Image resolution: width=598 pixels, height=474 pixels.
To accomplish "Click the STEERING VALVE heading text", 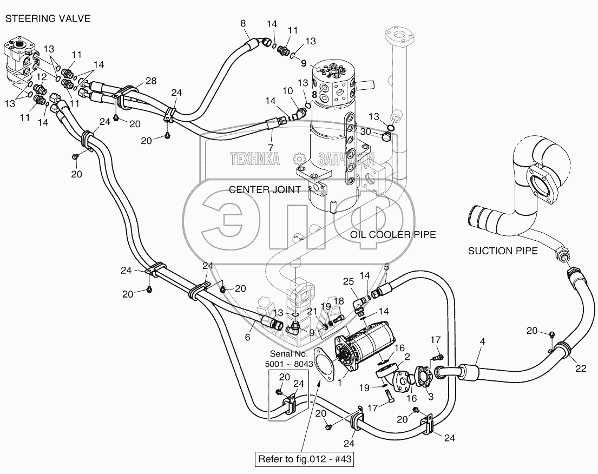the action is pos(48,19).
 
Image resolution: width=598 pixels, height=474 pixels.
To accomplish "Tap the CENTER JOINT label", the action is pos(265,189).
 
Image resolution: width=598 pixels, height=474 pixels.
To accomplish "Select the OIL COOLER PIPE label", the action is pos(393,234).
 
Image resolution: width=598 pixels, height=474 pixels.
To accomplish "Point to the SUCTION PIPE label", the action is pos(503,251).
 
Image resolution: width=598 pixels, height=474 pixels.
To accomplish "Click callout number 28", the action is pos(151,81).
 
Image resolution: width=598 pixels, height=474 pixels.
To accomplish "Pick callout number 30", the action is pos(365,131).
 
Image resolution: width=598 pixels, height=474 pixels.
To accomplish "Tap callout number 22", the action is pos(581,368).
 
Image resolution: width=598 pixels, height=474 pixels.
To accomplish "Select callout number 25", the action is pos(348,282).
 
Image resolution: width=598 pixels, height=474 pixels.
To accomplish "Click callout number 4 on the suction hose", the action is pos(482,341).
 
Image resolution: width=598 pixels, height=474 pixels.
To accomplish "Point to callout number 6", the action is pos(247,337).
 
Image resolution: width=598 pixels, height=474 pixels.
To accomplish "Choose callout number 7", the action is pos(271,147).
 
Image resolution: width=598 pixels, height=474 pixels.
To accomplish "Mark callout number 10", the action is pos(287,91).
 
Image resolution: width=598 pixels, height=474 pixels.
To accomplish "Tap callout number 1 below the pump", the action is pos(340,381).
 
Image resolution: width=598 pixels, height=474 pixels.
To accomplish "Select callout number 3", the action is pos(431,397).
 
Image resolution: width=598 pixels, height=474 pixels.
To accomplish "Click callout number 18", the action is pos(339,301).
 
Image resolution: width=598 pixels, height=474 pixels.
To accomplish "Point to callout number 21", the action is pos(313,312).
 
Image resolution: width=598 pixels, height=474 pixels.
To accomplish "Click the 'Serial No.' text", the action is pos(288,354).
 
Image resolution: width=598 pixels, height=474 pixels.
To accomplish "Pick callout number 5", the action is pos(386,268).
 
